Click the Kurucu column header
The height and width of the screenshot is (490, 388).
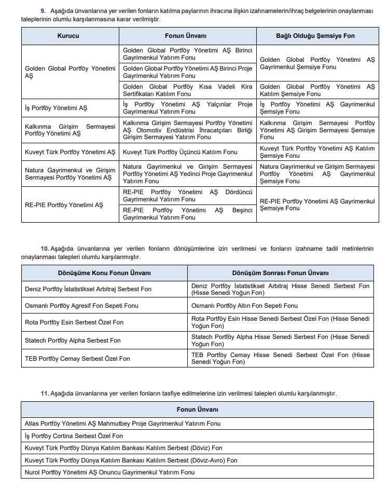(70, 36)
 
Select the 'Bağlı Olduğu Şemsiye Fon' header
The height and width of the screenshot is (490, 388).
(315, 36)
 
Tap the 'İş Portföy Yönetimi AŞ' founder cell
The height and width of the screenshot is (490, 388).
(56, 108)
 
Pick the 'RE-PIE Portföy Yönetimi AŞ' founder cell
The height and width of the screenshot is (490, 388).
(64, 205)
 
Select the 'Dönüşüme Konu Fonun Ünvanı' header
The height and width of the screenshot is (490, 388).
(104, 273)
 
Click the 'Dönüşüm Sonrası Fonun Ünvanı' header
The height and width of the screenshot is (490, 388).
(280, 273)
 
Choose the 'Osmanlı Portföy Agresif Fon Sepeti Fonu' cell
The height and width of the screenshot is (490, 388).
(81, 306)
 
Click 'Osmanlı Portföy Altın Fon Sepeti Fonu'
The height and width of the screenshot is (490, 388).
(244, 306)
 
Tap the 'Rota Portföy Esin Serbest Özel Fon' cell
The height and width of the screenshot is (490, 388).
(74, 322)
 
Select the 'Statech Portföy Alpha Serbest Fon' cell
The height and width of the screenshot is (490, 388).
(73, 341)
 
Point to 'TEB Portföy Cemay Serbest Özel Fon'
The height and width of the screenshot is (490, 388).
(77, 359)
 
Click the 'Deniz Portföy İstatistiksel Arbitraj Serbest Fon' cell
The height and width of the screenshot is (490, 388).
(88, 289)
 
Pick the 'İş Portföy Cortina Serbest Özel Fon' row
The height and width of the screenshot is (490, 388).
(74, 436)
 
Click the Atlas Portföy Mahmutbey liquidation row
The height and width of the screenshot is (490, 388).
(122, 424)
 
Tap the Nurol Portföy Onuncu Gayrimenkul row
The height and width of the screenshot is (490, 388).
(109, 472)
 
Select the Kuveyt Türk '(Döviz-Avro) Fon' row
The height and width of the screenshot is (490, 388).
(131, 460)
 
